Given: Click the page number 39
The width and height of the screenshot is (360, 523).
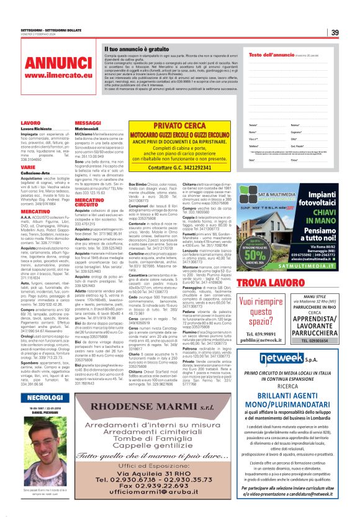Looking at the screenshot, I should [x=335, y=32].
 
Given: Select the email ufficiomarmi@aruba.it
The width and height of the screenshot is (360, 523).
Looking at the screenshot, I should [x=160, y=492].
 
